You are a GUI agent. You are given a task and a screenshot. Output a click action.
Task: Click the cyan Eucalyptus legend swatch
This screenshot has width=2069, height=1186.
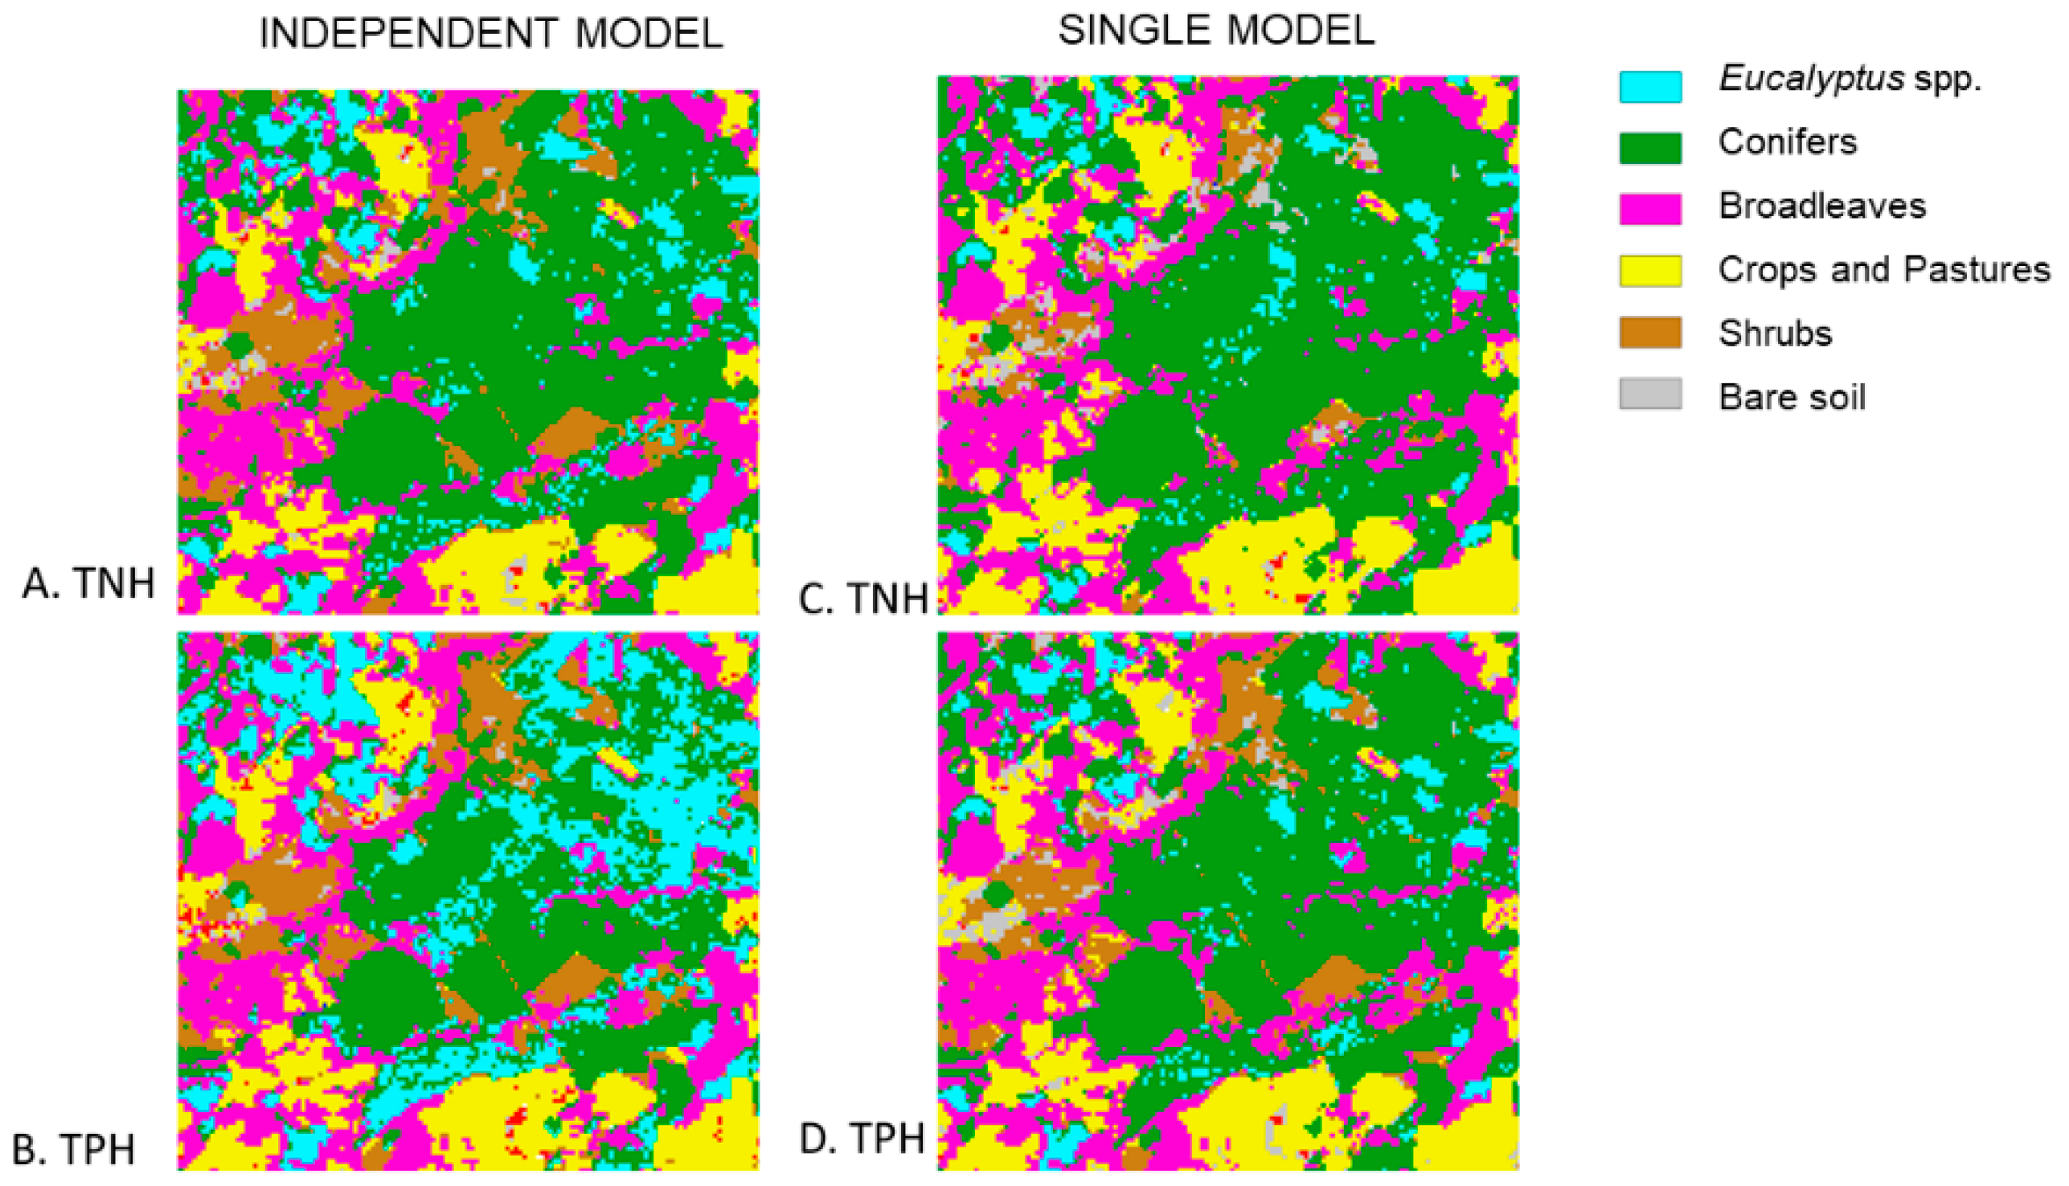click(1650, 86)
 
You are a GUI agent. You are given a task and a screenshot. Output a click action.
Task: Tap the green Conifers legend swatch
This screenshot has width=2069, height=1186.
click(1650, 148)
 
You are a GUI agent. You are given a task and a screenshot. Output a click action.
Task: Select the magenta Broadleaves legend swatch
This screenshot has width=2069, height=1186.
click(1650, 209)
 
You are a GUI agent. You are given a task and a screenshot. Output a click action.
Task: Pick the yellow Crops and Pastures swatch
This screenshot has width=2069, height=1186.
click(1650, 271)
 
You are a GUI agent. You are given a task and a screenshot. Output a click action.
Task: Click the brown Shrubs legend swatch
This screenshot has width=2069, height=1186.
click(1650, 333)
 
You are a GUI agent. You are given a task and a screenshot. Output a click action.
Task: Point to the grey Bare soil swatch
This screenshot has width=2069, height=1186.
click(1650, 395)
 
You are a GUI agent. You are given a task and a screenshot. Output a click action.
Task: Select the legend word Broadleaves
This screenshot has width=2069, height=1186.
click(1822, 206)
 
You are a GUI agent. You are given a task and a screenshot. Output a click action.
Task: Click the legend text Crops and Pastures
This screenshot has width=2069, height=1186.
click(1883, 270)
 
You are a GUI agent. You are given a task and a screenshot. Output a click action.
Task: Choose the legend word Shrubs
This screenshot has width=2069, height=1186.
click(1775, 333)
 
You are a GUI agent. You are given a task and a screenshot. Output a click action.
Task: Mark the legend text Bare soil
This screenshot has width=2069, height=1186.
click(1792, 398)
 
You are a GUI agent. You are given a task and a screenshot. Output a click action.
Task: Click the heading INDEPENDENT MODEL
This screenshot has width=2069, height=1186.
click(490, 35)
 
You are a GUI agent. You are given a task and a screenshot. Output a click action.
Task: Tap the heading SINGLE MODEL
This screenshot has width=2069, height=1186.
click(1216, 31)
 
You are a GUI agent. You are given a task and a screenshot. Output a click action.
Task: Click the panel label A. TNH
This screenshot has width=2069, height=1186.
click(88, 584)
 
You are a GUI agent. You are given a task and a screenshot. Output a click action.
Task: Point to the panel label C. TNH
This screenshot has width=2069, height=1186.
click(863, 599)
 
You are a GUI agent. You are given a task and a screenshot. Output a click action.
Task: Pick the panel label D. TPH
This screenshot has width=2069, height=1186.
click(862, 1139)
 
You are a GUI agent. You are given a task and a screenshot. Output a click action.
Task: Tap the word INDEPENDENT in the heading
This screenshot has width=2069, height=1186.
click(408, 35)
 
